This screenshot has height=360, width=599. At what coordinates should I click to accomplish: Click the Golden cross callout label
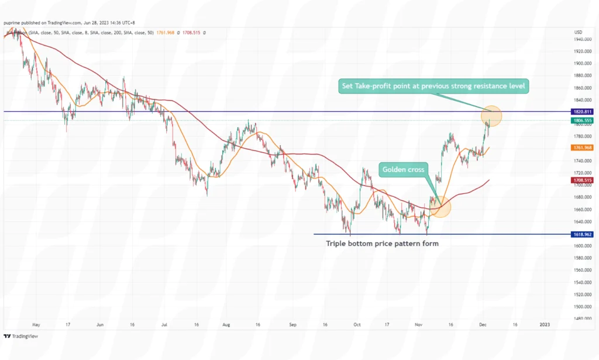coord(404,170)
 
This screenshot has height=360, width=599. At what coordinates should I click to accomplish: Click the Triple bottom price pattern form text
coord(381,243)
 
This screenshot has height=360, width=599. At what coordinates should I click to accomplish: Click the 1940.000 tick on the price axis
coord(583,39)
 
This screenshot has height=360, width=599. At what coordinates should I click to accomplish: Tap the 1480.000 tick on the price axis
coord(583,318)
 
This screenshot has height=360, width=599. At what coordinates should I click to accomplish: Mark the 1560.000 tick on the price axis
coord(583,270)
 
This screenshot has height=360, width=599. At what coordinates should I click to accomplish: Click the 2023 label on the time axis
coord(545,324)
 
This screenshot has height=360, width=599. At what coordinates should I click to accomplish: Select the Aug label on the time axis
coord(226,324)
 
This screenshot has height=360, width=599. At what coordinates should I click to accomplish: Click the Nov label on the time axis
coord(418,324)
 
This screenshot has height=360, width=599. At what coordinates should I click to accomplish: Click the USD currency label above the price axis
coord(579,32)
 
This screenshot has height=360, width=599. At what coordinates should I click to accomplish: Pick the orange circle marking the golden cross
coord(440,207)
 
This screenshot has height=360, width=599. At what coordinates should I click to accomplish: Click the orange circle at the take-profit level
coord(491,116)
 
